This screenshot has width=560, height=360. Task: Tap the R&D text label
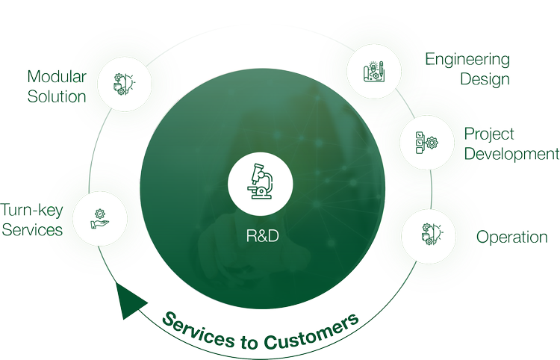(x=261, y=237)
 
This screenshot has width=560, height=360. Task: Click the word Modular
(x=57, y=76)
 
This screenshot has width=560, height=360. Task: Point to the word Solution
(x=56, y=96)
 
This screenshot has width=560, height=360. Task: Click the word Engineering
(x=468, y=60)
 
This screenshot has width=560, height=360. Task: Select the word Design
(x=485, y=79)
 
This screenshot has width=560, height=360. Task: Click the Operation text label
(x=513, y=238)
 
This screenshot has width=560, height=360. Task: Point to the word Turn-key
(x=32, y=210)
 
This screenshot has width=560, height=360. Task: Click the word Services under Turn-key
(x=31, y=229)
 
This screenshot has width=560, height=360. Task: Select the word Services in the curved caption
(x=193, y=329)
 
